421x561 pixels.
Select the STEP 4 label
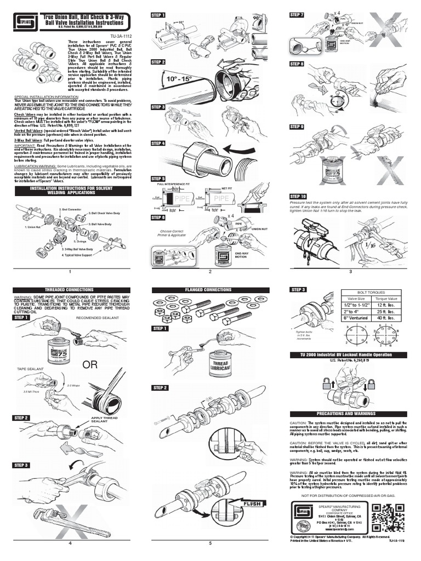pyautogui.click(x=158, y=144)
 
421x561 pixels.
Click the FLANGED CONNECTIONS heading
pyautogui.click(x=210, y=289)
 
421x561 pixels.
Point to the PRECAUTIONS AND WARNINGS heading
pyautogui.click(x=350, y=413)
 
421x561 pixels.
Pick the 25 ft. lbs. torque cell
pyautogui.click(x=390, y=311)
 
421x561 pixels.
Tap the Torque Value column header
pyautogui.click(x=390, y=299)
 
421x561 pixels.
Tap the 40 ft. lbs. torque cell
pyautogui.click(x=390, y=317)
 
